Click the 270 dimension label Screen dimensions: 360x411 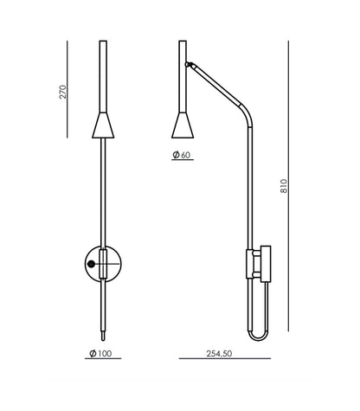(x=62, y=92)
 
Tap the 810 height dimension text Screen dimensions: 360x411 (x=284, y=186)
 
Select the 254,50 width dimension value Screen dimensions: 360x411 (x=219, y=353)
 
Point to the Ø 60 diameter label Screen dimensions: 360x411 (x=182, y=155)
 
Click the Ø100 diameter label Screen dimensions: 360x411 (x=100, y=353)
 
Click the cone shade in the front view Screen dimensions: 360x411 (x=103, y=125)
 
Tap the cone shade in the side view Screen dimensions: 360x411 (x=183, y=125)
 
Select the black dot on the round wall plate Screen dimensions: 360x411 (x=91, y=264)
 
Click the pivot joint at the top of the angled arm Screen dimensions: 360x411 (x=189, y=64)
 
